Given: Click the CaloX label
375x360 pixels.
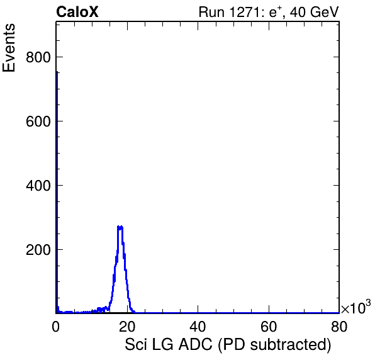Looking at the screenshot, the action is click(x=77, y=12).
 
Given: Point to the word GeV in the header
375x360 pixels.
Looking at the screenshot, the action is click(x=324, y=12).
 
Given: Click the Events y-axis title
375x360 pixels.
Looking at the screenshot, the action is click(x=9, y=48).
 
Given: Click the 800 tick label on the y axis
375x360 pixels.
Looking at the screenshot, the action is click(x=38, y=57).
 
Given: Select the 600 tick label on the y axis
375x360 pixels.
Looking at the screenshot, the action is click(x=38, y=121).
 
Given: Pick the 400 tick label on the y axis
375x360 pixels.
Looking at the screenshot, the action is click(x=38, y=186).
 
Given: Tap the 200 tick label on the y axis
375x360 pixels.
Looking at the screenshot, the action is click(x=38, y=249).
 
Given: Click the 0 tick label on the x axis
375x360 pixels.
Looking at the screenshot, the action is click(x=56, y=327).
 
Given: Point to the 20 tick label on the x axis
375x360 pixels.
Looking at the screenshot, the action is click(x=127, y=327).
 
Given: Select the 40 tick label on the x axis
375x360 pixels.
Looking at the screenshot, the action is click(x=198, y=327).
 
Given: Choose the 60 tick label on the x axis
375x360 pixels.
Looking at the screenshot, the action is click(x=269, y=327).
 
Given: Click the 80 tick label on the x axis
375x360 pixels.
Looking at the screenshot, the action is click(x=339, y=327).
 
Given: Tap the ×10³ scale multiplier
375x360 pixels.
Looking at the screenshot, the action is click(x=356, y=307).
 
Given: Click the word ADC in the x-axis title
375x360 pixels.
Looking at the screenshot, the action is click(x=196, y=344).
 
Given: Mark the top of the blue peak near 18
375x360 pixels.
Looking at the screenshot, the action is click(x=120, y=227).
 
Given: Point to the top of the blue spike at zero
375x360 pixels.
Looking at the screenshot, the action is click(x=57, y=72).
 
